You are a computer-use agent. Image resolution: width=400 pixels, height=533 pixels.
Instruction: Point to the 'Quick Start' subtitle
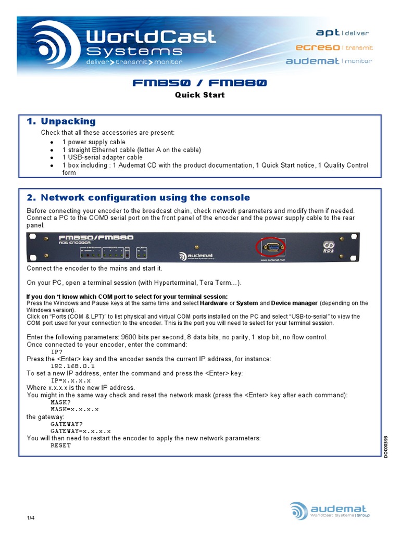(199, 95)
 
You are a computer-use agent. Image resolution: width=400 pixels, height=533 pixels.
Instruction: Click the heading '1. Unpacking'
(61, 121)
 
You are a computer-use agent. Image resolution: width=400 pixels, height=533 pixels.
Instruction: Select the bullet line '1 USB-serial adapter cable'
(102, 157)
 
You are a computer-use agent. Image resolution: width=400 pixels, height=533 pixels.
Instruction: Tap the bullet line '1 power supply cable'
(94, 142)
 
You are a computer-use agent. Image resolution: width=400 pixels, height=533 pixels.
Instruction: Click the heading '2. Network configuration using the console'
(139, 198)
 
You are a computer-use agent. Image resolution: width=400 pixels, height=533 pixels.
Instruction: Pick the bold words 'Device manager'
(295, 303)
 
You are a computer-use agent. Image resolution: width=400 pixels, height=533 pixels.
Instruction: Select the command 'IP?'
(57, 352)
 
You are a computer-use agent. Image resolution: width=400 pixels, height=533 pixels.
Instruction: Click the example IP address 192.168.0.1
(72, 366)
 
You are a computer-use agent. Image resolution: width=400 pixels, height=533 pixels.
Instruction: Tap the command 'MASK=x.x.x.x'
(74, 410)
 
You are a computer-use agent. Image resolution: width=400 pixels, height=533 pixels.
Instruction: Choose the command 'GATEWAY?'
(66, 424)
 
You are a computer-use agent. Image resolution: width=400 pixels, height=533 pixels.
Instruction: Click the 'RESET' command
(60, 446)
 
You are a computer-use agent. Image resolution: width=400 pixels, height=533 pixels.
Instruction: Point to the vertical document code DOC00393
(386, 447)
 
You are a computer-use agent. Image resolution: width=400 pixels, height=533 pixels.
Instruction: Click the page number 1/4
(30, 518)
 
